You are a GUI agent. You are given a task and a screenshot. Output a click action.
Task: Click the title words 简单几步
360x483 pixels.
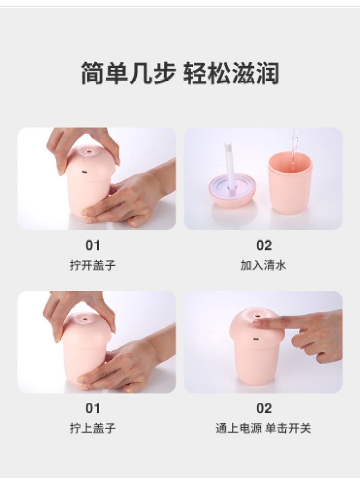click(128, 73)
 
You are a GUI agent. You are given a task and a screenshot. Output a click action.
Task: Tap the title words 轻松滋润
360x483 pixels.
click(231, 73)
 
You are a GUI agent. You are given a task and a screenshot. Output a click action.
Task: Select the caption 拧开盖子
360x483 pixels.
click(92, 265)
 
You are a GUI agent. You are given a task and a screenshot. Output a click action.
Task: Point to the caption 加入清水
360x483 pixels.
click(263, 265)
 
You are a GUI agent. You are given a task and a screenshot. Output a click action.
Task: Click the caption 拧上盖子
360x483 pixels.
click(92, 428)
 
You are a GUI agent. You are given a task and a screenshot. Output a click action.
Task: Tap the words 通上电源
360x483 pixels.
click(239, 428)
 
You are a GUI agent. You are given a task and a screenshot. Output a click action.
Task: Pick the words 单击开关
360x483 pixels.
click(288, 428)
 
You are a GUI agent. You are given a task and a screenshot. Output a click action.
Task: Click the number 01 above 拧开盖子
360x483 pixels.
click(93, 246)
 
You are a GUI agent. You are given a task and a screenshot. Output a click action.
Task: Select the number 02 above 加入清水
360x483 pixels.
click(264, 246)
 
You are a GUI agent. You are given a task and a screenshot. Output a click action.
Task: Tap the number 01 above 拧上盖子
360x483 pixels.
click(93, 408)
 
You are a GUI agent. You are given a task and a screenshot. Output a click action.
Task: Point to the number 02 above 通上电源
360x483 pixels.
click(264, 408)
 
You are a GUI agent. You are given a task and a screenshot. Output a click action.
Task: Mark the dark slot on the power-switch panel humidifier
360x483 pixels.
click(256, 339)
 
